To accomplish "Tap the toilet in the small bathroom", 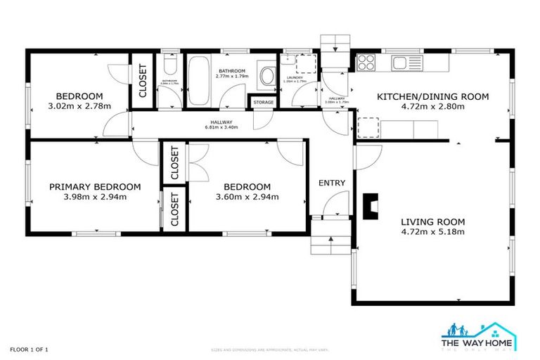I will pos(167,67).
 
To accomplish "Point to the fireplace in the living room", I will pos(372,204).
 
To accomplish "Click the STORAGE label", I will pos(264,103).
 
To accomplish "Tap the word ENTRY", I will pos(332,183).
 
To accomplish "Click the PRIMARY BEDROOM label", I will pos(95,187).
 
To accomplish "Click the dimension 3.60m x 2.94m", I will pos(247,197).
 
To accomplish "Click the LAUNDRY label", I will pos(292,77).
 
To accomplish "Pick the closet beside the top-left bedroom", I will pos(143,81).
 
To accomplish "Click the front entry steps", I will pos(329,243).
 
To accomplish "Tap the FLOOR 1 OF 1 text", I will pos(29,349).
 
